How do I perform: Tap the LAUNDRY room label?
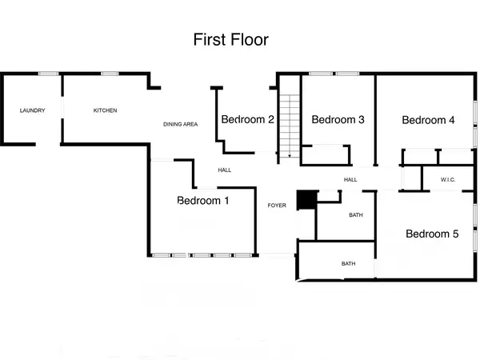(x=32, y=110)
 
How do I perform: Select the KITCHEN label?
(x=106, y=110)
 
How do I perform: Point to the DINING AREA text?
(x=180, y=124)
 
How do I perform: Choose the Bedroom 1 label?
(x=203, y=201)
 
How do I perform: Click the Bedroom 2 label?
(x=248, y=120)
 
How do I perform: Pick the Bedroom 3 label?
(x=338, y=120)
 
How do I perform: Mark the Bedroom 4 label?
(x=428, y=120)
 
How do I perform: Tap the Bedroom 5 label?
(x=432, y=234)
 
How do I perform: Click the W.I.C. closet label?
(x=447, y=180)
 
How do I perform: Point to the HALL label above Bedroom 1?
(x=225, y=170)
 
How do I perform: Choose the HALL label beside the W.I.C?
(x=350, y=180)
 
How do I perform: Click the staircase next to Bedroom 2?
(x=287, y=124)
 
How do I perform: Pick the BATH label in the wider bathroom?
(x=349, y=263)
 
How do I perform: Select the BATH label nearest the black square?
(x=356, y=215)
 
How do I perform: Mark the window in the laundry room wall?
(x=49, y=74)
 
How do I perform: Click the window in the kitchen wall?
(x=110, y=74)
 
